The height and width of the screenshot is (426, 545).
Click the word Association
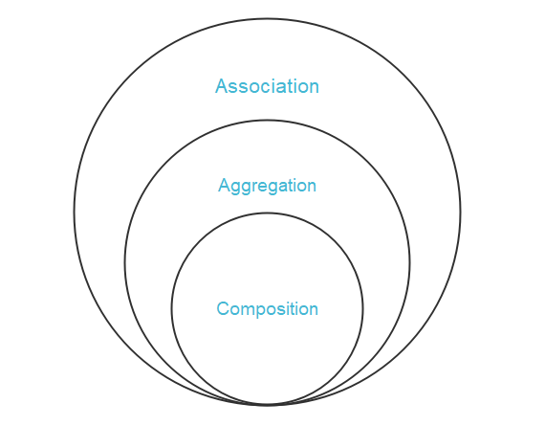[267, 86]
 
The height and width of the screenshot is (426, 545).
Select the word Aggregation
[267, 187]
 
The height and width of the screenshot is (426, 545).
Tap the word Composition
[267, 309]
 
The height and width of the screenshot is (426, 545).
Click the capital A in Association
[222, 86]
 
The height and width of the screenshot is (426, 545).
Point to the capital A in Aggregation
[224, 185]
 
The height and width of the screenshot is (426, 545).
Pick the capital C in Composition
[223, 308]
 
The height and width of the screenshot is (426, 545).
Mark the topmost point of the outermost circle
[268, 18]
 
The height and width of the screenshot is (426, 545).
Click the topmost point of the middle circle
[268, 121]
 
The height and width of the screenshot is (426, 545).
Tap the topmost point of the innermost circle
[268, 213]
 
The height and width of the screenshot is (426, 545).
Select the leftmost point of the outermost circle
[74, 212]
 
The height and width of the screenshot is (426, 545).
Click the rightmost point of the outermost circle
[461, 212]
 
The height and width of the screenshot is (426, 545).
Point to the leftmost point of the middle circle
[125, 262]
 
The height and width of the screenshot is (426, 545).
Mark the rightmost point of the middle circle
[410, 262]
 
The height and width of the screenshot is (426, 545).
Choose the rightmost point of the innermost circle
[363, 309]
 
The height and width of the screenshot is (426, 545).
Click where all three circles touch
[268, 405]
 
